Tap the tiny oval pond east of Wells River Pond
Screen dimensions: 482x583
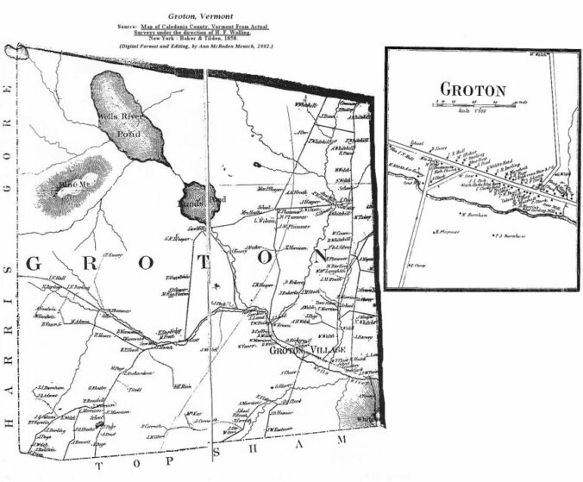coord(259,164)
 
